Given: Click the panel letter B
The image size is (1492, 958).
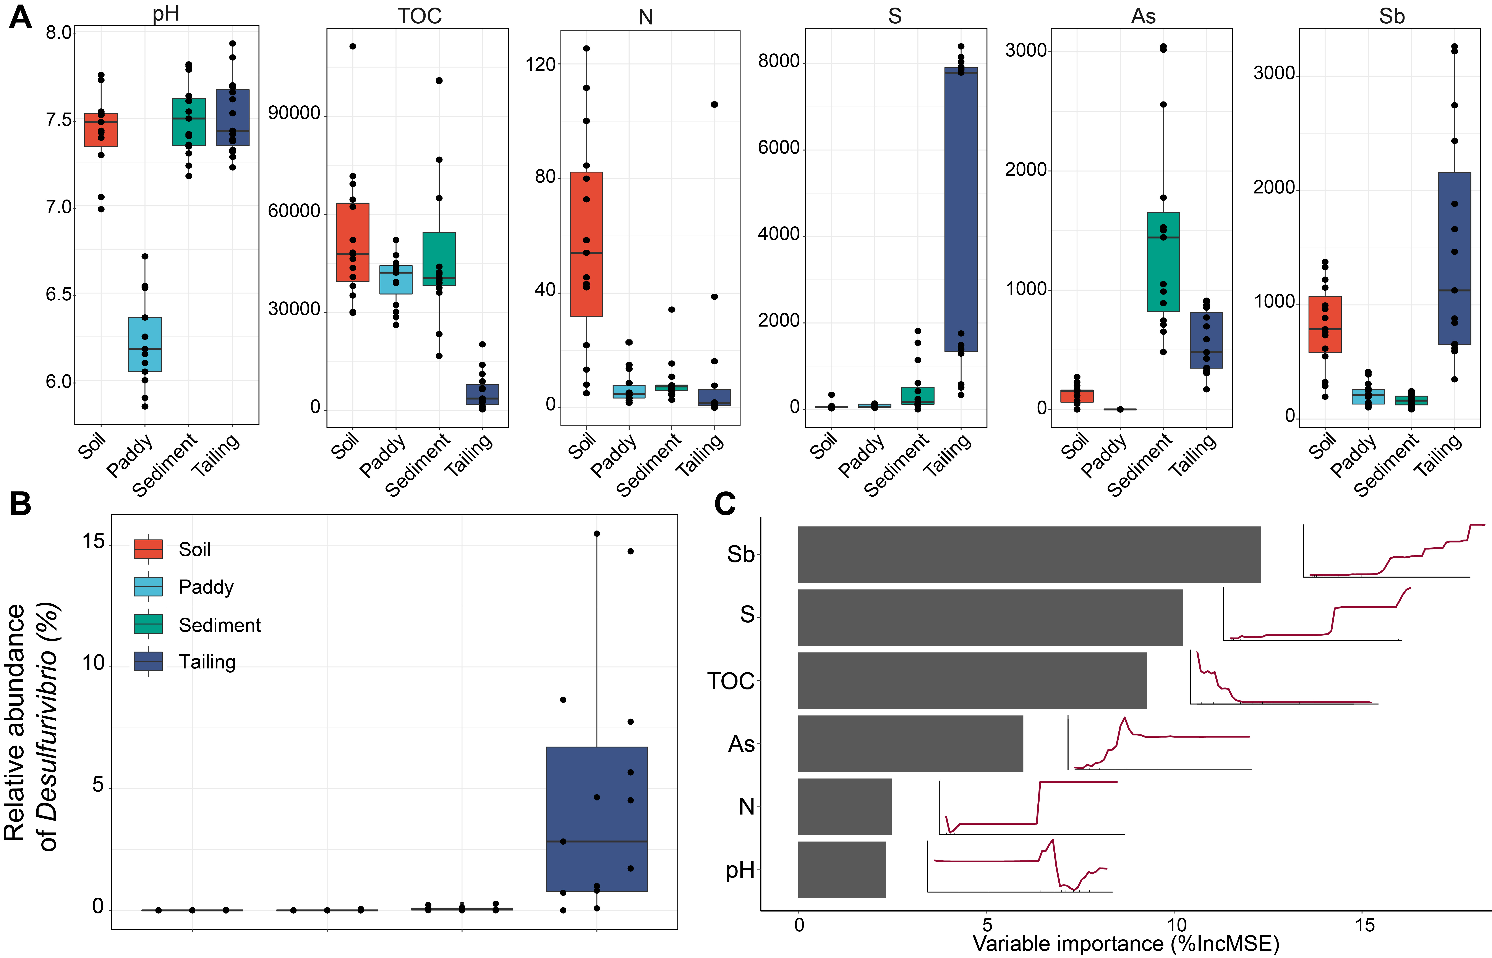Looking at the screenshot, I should pos(21,504).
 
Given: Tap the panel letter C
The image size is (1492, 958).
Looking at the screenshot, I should pos(725,504).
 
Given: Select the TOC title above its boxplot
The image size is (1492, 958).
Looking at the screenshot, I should pos(420,16).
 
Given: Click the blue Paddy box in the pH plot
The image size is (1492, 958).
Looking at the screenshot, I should pos(145,344).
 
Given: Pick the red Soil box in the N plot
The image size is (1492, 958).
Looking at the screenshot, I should pos(586,244).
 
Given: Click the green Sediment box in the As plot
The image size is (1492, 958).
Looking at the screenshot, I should pos(1163,262).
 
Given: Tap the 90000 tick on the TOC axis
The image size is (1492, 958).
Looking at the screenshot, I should pos(294,113).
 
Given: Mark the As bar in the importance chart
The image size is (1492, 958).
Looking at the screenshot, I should pos(910,743).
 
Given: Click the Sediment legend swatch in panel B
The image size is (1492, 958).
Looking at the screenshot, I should pos(148,624).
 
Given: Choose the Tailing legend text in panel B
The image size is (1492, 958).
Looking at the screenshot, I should pos(207,662).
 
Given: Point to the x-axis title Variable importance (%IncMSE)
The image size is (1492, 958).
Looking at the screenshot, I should pos(1125,944).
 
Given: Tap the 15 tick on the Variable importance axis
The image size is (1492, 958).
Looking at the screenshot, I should pos(1364,925).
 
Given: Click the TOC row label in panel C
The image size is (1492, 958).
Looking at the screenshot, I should pos(730,681).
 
